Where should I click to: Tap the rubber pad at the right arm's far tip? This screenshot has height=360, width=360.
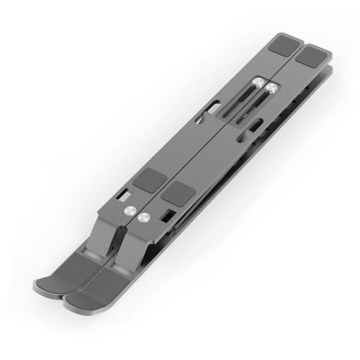[x=313, y=58]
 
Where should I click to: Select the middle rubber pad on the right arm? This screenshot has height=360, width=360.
[x=178, y=193]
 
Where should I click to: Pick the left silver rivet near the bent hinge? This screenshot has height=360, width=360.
[x=129, y=211]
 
